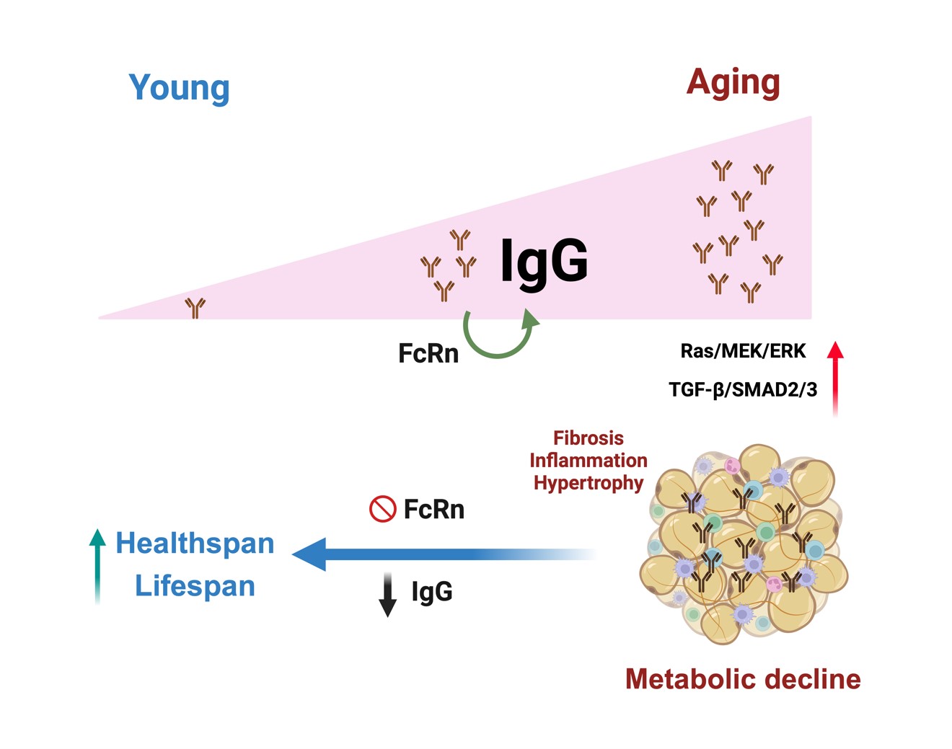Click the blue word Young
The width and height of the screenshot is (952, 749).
point(179,87)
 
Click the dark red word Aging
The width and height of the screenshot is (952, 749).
point(733,83)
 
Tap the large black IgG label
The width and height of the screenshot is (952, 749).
point(544,261)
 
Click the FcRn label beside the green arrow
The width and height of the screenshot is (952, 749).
point(428,353)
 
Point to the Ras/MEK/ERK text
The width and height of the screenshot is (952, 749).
point(743,351)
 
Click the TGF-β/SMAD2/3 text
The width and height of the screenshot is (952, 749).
point(743,390)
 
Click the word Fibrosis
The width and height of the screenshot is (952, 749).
point(588,438)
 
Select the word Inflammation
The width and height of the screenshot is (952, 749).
point(588,460)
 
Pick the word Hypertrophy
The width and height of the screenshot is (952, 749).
point(588,482)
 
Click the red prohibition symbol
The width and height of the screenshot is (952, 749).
point(382,509)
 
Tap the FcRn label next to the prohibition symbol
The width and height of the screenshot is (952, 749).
point(433,509)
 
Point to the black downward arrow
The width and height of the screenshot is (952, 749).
point(388,595)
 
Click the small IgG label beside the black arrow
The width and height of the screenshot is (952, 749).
point(431,591)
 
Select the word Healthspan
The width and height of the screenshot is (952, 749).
point(195,543)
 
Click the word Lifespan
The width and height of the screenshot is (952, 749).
point(195,585)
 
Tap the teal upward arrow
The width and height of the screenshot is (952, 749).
point(97,565)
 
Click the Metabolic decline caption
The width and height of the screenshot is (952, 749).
point(743,679)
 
